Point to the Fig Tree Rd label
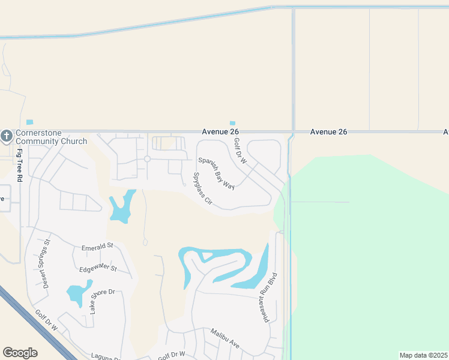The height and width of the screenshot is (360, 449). [x=20, y=166]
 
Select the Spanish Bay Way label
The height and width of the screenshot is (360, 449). [x=217, y=173]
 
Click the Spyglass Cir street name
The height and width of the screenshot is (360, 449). [x=203, y=189]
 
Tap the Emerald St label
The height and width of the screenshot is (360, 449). [x=98, y=247]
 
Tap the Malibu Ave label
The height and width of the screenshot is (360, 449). [x=224, y=338]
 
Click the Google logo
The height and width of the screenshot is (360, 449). [x=20, y=353]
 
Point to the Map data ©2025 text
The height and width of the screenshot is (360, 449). [x=423, y=355]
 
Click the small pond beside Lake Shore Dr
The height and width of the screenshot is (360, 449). [x=76, y=294]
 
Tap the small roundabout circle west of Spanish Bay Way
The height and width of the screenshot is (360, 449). [x=147, y=159]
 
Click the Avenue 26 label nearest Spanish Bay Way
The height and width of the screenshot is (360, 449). [x=217, y=131]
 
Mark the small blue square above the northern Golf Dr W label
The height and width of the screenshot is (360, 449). [x=232, y=124]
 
